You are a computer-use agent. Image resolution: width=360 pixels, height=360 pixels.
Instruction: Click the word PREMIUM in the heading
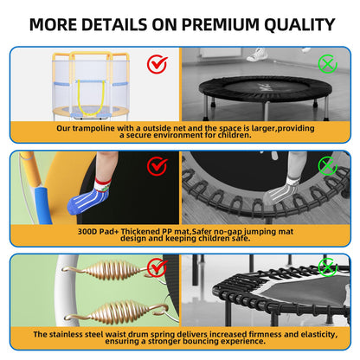pos(220,24)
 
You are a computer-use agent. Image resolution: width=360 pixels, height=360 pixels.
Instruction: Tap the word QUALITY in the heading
pos(299,25)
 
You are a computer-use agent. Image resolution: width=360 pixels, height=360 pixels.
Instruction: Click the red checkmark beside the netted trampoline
pos(157,64)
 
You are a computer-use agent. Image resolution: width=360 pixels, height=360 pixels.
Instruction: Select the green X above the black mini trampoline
pos(327,64)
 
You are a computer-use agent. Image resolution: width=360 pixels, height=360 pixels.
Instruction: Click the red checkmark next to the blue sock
pos(157,166)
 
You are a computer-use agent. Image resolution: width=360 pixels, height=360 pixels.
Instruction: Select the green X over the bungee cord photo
pos(327,165)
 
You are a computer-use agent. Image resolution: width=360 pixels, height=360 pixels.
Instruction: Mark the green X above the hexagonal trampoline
pos(327,267)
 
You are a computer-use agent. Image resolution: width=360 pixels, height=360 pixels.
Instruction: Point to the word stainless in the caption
pos(76,334)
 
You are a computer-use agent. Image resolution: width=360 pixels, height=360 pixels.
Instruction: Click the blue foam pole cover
pos(43,204)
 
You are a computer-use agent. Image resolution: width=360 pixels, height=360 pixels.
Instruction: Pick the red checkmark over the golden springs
pos(157,267)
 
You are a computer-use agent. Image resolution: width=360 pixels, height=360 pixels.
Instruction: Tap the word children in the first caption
pos(234,135)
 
